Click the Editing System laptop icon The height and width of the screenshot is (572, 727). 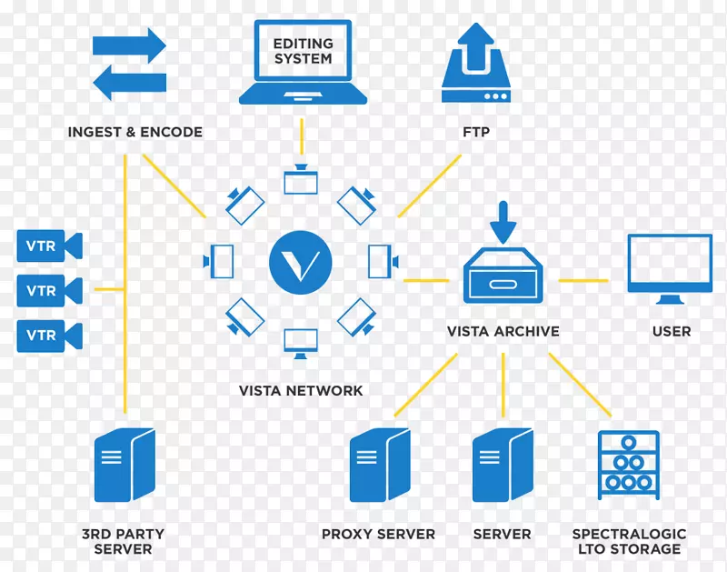[x=302, y=61]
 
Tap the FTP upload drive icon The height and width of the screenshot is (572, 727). [x=475, y=65]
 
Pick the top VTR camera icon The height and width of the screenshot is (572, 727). [x=49, y=246]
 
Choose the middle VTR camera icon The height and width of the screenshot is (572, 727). [x=49, y=291]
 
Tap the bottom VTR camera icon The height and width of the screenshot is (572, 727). [x=49, y=336]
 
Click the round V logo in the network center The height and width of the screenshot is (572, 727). [x=301, y=262]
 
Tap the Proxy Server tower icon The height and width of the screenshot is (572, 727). [x=379, y=466]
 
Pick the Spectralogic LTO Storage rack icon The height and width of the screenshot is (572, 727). [x=628, y=464]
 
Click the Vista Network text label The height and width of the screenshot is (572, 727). [x=301, y=391]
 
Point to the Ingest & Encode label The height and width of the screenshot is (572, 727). [x=135, y=132]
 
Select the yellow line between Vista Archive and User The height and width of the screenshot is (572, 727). [x=583, y=280]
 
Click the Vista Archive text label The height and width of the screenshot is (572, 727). [x=503, y=332]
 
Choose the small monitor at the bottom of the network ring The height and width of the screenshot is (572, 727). [x=301, y=341]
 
